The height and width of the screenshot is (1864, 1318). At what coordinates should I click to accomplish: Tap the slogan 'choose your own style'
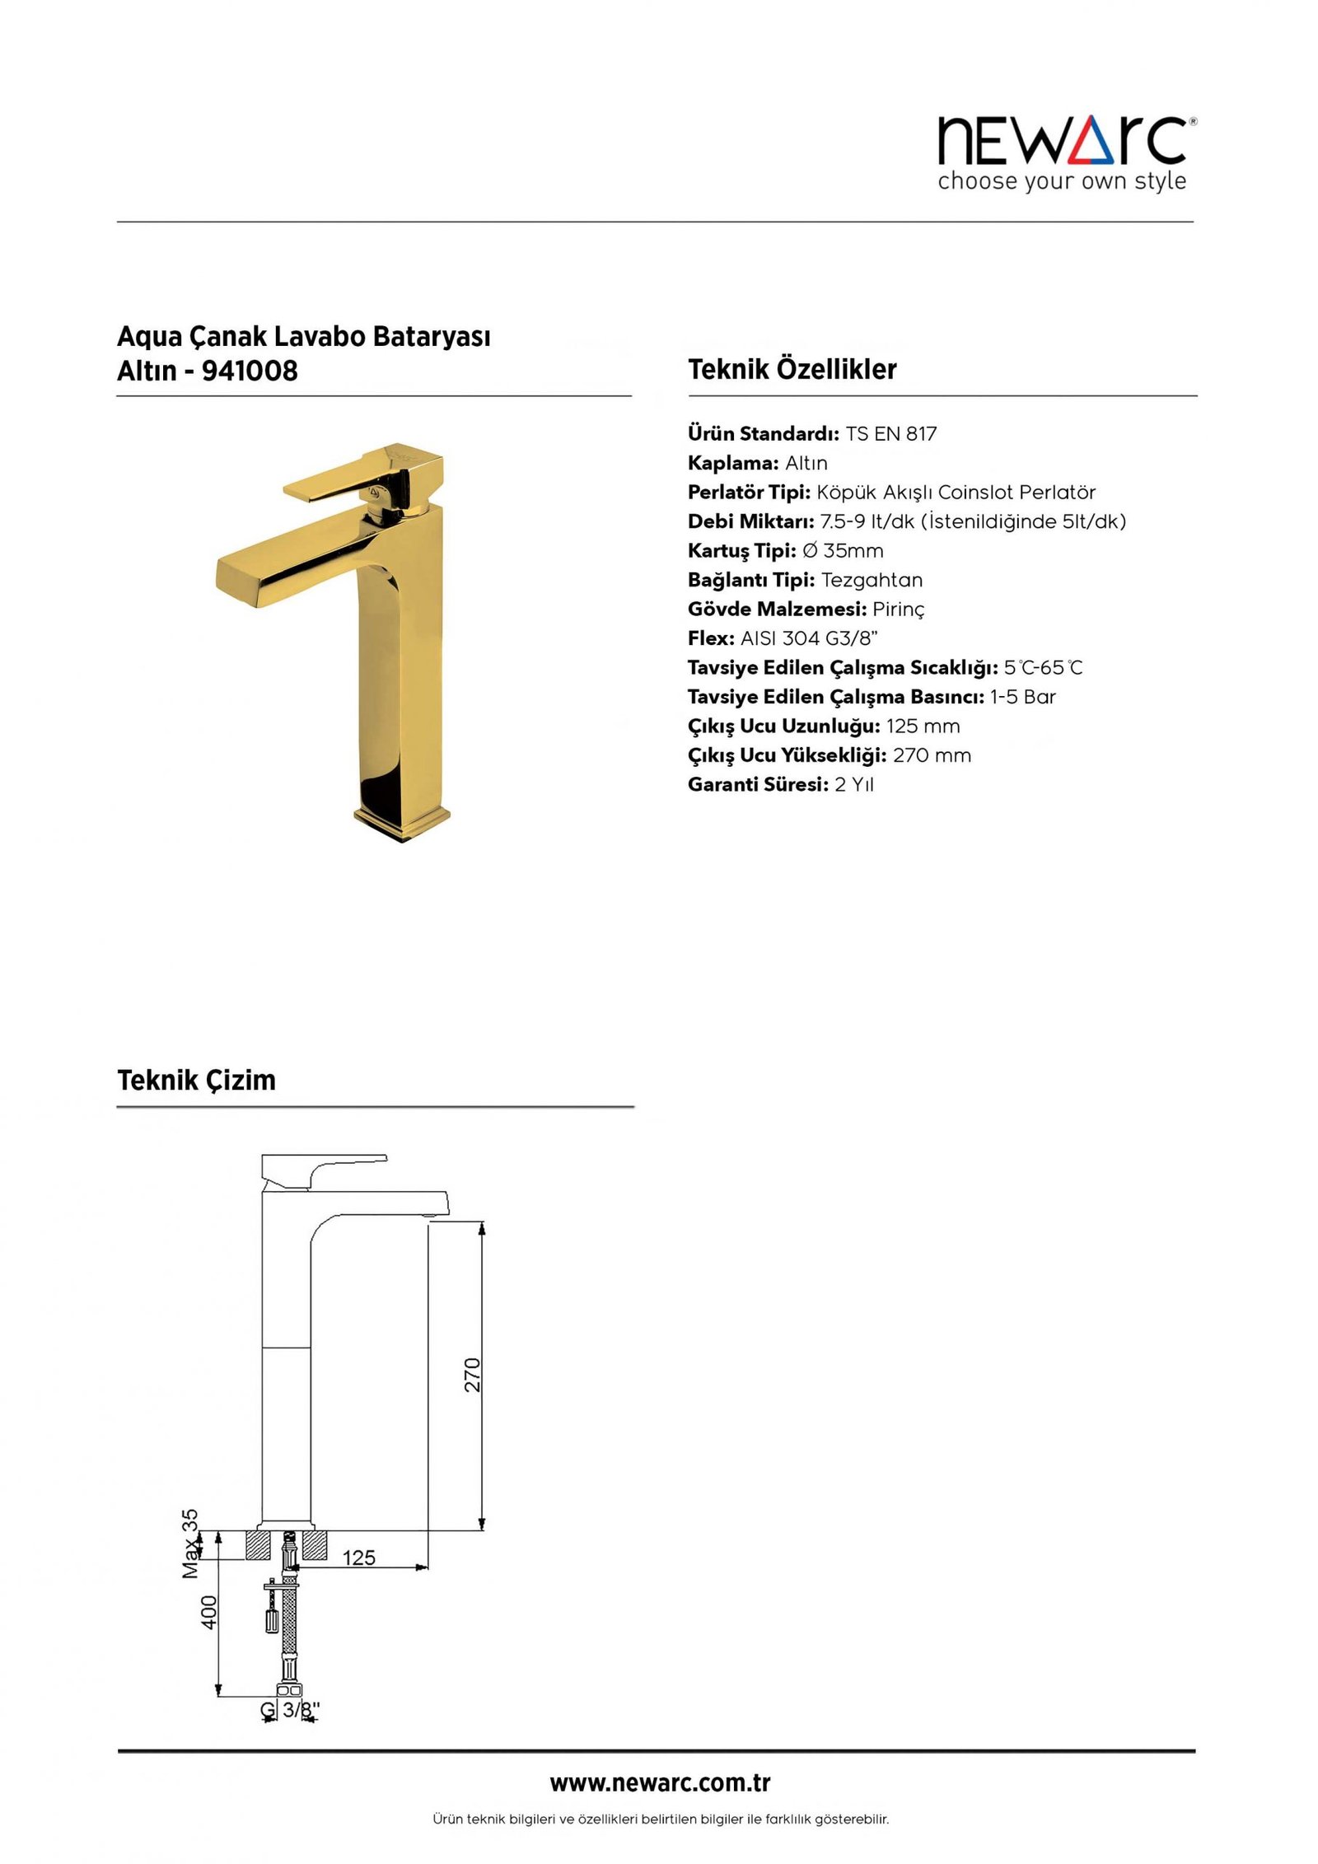[1062, 181]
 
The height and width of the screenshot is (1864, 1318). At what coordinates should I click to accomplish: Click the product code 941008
[250, 371]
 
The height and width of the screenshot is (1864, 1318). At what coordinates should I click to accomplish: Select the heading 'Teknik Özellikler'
[792, 369]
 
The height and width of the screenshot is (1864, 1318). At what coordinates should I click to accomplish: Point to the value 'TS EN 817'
[890, 434]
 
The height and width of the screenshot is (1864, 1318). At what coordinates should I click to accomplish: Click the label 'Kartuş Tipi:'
[741, 551]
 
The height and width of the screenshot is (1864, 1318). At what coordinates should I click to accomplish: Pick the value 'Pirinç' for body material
[898, 610]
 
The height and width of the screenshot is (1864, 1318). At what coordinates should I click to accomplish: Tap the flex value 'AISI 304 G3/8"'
[809, 638]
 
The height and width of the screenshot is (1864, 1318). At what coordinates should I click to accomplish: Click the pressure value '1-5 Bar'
[1022, 697]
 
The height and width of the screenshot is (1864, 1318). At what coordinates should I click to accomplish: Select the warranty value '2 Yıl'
[853, 785]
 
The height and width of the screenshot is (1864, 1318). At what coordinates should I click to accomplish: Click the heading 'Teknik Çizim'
[196, 1080]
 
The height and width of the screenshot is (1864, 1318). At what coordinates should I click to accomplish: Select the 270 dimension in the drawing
[472, 1375]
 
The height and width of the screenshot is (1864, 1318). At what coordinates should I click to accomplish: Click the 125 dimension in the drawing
[358, 1558]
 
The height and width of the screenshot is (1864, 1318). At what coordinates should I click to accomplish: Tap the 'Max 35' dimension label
[190, 1543]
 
